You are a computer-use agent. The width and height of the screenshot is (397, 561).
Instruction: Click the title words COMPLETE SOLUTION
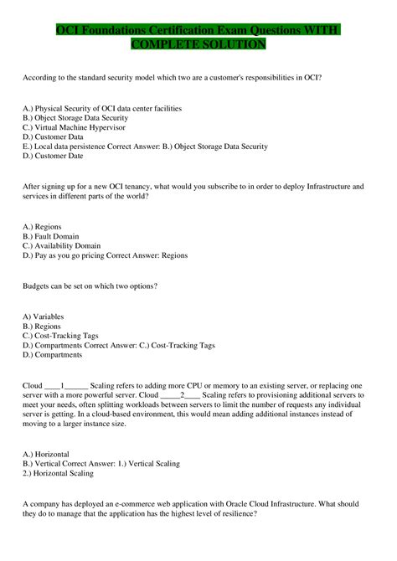[x=198, y=44]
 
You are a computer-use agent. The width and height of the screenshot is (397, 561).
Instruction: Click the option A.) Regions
[x=43, y=227]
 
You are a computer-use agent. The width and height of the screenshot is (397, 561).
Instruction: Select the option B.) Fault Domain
[x=51, y=237]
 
